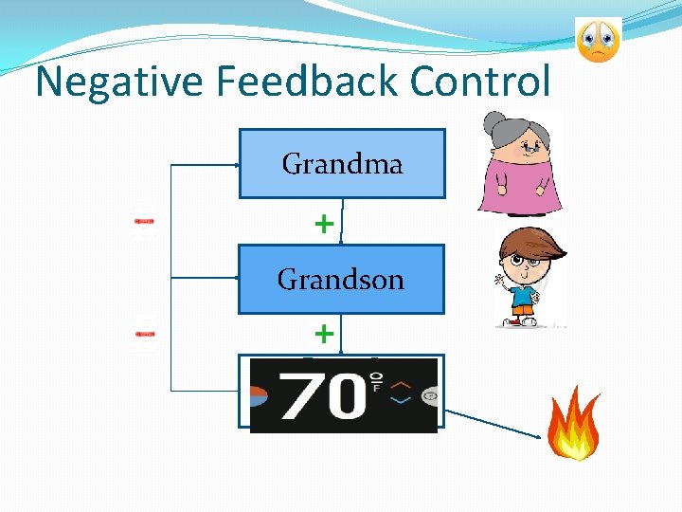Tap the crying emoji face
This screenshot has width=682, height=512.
pyautogui.click(x=598, y=40)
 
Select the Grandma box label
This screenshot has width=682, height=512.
pyautogui.click(x=342, y=164)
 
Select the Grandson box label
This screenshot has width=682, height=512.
pyautogui.click(x=341, y=280)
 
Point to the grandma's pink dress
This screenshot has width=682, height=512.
pyautogui.click(x=522, y=185)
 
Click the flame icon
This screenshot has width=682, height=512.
pyautogui.click(x=574, y=428)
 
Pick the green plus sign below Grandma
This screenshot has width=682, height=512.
pyautogui.click(x=324, y=224)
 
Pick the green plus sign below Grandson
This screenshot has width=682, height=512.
pyautogui.click(x=324, y=334)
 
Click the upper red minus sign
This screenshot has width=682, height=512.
pyautogui.click(x=144, y=221)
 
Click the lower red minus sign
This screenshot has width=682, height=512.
pyautogui.click(x=144, y=334)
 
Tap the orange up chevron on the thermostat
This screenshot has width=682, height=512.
pyautogui.click(x=401, y=384)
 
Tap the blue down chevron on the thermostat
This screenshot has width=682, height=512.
pyautogui.click(x=401, y=400)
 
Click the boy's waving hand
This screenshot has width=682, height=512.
pyautogui.click(x=498, y=280)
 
